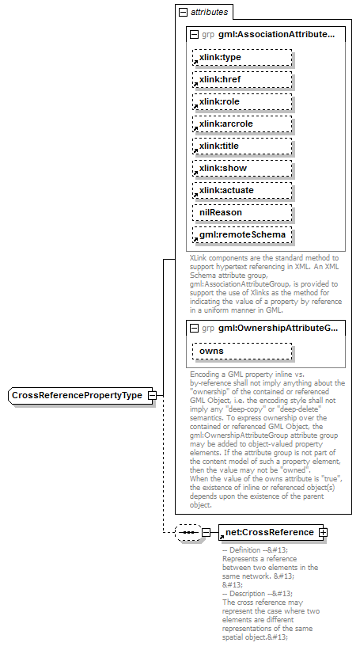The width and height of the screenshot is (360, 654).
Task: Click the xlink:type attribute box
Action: click(241, 57)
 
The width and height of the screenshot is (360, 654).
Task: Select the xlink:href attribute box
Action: click(241, 79)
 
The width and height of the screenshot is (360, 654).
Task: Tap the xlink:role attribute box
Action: click(241, 101)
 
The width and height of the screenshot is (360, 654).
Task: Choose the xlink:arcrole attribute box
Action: click(241, 124)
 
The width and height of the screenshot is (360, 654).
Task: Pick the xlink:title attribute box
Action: click(241, 146)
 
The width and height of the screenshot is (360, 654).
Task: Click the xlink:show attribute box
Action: click(241, 168)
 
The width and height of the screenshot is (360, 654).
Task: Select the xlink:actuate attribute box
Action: click(241, 190)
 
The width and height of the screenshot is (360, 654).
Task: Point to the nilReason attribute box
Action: click(241, 212)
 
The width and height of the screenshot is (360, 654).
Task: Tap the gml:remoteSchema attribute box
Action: click(241, 234)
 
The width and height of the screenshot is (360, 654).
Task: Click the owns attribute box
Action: click(241, 351)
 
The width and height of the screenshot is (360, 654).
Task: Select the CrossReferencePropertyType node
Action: click(77, 395)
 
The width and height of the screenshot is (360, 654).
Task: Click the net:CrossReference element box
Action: click(268, 532)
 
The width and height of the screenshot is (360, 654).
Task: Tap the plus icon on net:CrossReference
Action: click(323, 532)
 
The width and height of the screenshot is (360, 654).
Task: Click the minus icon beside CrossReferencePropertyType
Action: click(152, 395)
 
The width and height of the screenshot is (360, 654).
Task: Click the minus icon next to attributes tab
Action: click(184, 12)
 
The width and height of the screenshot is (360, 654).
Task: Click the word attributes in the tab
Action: click(209, 12)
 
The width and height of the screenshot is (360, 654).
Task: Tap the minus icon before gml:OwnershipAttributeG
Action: click(194, 328)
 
